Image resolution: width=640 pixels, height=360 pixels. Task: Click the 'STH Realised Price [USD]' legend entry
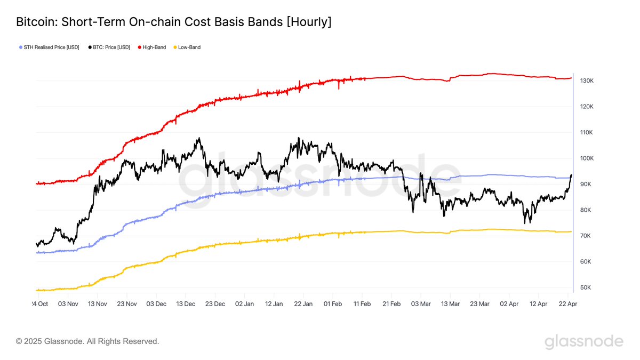[51, 47]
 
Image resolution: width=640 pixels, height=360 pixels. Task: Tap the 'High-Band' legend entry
[154, 47]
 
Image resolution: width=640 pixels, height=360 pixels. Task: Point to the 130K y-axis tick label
[587, 81]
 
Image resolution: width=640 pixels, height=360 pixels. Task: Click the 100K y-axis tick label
[587, 158]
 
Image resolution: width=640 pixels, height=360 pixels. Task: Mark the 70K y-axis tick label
[587, 236]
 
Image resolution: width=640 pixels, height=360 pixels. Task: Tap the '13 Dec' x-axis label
[186, 303]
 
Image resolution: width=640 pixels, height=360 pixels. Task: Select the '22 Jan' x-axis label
[303, 303]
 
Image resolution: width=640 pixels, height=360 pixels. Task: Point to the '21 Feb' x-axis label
[391, 303]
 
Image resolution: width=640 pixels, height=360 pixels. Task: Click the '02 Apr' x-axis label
[509, 303]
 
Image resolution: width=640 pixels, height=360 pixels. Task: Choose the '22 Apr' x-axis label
[567, 303]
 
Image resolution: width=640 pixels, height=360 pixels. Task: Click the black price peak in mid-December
[199, 138]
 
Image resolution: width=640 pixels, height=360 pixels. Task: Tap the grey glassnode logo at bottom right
[583, 341]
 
